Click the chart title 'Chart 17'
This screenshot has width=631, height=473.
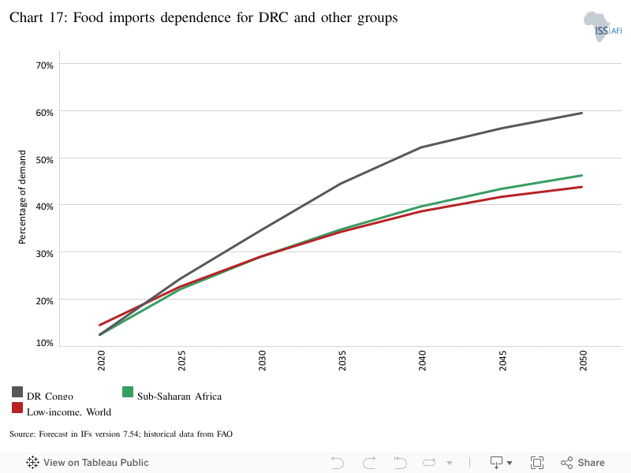coord(203,18)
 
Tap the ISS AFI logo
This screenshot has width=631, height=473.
coord(602,27)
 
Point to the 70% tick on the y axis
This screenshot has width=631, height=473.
coord(44,65)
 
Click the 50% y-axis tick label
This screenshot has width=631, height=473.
coord(44,158)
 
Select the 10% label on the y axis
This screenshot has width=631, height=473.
coord(44,343)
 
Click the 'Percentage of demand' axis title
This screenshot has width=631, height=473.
coord(23,196)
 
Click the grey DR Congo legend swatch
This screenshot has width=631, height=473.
coord(17,392)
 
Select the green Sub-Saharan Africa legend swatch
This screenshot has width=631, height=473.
coord(128,392)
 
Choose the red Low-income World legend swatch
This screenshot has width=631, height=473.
coord(17,408)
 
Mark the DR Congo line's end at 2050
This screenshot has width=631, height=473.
coord(582,113)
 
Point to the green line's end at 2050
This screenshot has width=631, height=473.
coord(582,175)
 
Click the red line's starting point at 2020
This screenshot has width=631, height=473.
coord(99,325)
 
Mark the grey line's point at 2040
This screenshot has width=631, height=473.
coord(421,147)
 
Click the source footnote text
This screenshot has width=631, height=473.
coord(121,434)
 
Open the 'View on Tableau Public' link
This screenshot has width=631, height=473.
coord(88,463)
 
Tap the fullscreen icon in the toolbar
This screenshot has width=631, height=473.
coord(537,463)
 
